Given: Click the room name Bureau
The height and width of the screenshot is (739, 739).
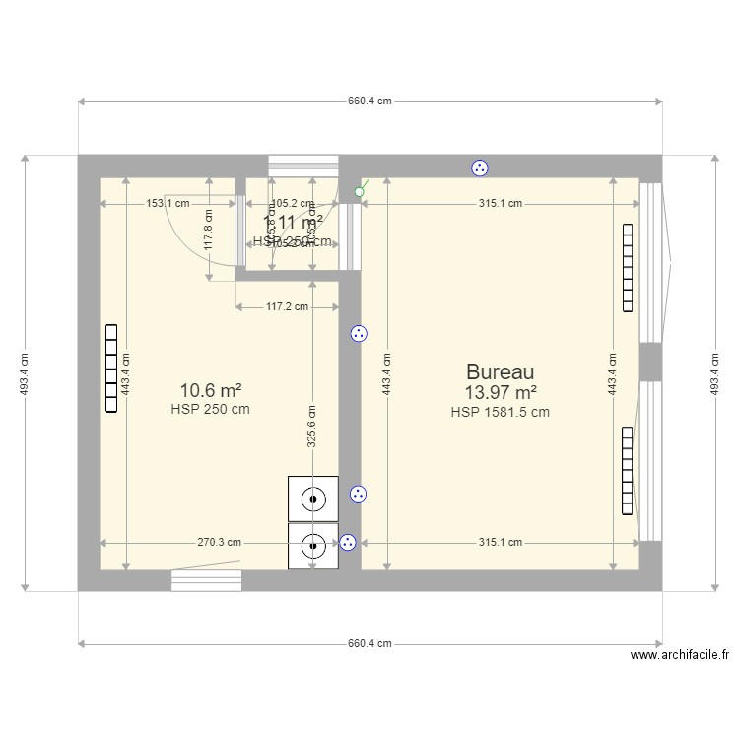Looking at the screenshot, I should click(x=501, y=372).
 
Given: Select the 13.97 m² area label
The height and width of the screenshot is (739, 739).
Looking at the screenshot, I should click(x=501, y=393).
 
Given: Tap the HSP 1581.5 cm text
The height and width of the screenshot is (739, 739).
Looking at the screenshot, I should click(x=501, y=413).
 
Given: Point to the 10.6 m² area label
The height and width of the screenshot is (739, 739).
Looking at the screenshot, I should click(x=211, y=390).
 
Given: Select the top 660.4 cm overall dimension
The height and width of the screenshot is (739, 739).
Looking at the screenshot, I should click(x=369, y=101).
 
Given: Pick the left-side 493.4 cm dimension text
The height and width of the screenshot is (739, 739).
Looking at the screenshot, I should click(x=25, y=373).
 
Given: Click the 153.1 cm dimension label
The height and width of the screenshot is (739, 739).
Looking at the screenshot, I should click(x=168, y=204).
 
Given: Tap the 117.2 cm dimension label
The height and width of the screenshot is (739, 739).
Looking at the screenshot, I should click(x=287, y=307).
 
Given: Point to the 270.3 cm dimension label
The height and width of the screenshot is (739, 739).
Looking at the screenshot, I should click(x=219, y=543).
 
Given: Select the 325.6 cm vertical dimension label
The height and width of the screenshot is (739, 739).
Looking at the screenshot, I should click(x=311, y=427).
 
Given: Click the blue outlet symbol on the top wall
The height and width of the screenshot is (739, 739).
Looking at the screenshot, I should click(x=480, y=168).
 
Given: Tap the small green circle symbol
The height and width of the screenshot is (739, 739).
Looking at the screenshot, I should click(x=359, y=192).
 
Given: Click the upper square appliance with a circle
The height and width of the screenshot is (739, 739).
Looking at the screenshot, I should click(x=313, y=499).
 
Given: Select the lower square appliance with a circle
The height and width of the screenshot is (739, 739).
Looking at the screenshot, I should click(x=313, y=545).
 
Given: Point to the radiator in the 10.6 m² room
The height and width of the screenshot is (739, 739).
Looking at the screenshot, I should click(x=111, y=369).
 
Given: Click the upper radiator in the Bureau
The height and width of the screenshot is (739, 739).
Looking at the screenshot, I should click(x=627, y=268).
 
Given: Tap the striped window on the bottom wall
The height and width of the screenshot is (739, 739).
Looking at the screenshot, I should click(x=206, y=580).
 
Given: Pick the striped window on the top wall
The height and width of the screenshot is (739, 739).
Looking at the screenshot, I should click(x=303, y=166).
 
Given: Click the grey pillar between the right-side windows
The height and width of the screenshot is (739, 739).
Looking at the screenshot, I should click(x=650, y=362).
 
